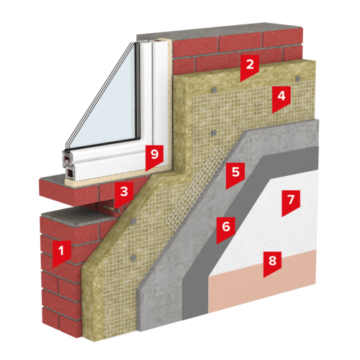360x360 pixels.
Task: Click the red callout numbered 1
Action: point(62,252)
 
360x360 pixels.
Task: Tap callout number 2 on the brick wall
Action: point(250,66)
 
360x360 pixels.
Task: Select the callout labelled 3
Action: point(124,194)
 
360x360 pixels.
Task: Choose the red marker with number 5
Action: point(235,174)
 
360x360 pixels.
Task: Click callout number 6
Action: point(226,228)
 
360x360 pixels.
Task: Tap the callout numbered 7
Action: point(291,201)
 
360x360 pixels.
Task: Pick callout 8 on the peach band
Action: point(272,262)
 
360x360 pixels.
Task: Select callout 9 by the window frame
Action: point(155,156)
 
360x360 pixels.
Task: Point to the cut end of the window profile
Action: point(70,166)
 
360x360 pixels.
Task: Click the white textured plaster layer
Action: point(266,223)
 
